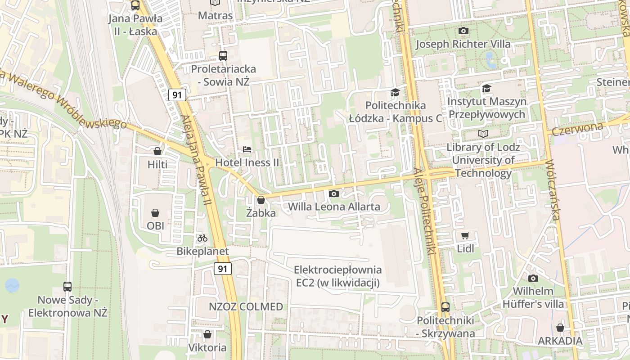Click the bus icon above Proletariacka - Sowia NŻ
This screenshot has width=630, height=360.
click(223, 56)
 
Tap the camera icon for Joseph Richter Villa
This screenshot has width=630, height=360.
click(463, 31)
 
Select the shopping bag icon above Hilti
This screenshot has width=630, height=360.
click(157, 151)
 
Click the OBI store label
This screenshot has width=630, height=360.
click(155, 225)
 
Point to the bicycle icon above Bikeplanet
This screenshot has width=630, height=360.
click(202, 238)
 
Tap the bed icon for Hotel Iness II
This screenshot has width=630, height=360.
click(247, 149)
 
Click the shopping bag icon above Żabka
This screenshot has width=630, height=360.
click(261, 200)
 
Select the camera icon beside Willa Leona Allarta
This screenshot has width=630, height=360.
click(333, 193)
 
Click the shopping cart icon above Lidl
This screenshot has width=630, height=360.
click(465, 235)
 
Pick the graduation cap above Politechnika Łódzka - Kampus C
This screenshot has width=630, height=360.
click(395, 92)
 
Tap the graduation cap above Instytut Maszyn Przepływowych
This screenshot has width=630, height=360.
click(486, 88)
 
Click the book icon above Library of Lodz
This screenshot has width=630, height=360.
click(483, 134)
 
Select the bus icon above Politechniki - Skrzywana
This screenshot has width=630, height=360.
click(445, 307)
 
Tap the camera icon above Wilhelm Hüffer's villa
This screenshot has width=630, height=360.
click(533, 278)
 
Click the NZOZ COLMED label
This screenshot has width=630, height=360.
click(246, 307)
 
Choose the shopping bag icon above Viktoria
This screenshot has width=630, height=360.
click(207, 335)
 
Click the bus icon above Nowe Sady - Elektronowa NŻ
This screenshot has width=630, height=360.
click(67, 287)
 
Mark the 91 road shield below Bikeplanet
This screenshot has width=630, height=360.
click(222, 269)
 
